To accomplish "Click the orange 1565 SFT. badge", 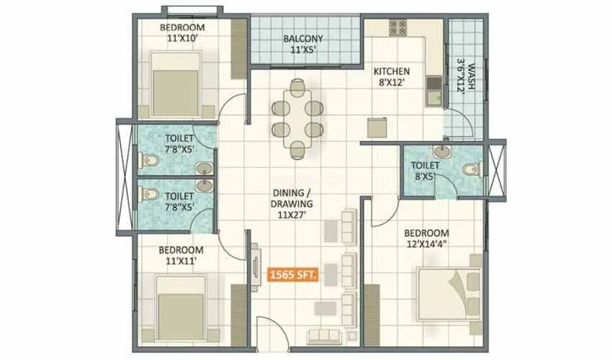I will pos(293,274).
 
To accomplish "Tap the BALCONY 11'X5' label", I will pos(302,44).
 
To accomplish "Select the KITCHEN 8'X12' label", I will pos(391,76).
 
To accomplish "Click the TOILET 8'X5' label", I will pos(423,170).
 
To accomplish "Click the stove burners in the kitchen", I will pos(398,27).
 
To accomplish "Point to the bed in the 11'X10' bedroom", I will pos(176,85).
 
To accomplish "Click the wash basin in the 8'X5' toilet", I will pos(441,153).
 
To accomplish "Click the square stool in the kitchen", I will pos(376,127).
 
